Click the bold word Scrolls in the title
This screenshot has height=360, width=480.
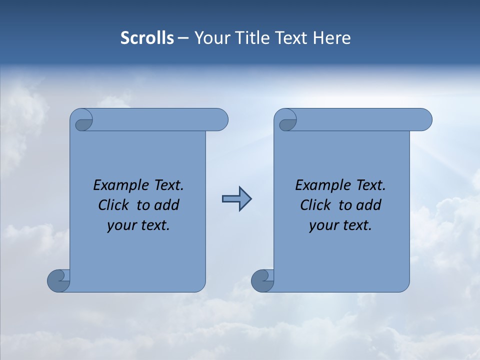coord(147,38)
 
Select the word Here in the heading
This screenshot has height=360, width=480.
coord(331,38)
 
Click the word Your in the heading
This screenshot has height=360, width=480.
coord(210,38)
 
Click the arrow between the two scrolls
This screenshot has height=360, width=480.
coord(236,199)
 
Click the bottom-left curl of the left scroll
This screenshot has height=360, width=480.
coord(59,280)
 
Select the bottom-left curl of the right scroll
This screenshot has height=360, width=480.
coord(263,280)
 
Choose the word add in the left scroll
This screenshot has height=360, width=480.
coord(167,205)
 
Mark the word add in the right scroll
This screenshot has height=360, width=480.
coord(369,205)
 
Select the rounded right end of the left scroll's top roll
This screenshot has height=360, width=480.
coord(220,119)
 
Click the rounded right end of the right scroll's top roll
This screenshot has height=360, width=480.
coord(424,119)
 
